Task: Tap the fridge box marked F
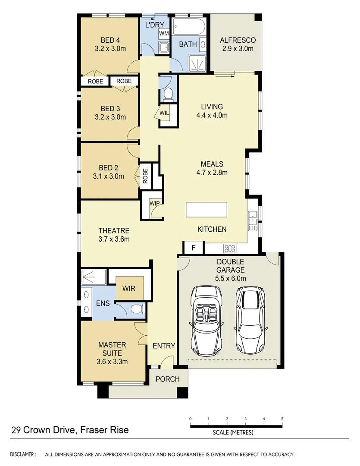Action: pos(193,248)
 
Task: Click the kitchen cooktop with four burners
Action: pos(229,248)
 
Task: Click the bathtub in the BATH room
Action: pos(190,27)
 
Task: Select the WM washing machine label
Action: pos(164,33)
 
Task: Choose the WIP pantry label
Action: pos(154,203)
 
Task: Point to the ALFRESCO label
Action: pos(238,40)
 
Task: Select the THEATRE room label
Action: pos(114,230)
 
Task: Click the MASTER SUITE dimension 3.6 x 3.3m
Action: pos(112,362)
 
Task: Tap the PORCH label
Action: pos(167,379)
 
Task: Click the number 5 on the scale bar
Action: pos(282,419)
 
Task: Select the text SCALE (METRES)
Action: pos(233,432)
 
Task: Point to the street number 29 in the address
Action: pos(16,430)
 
